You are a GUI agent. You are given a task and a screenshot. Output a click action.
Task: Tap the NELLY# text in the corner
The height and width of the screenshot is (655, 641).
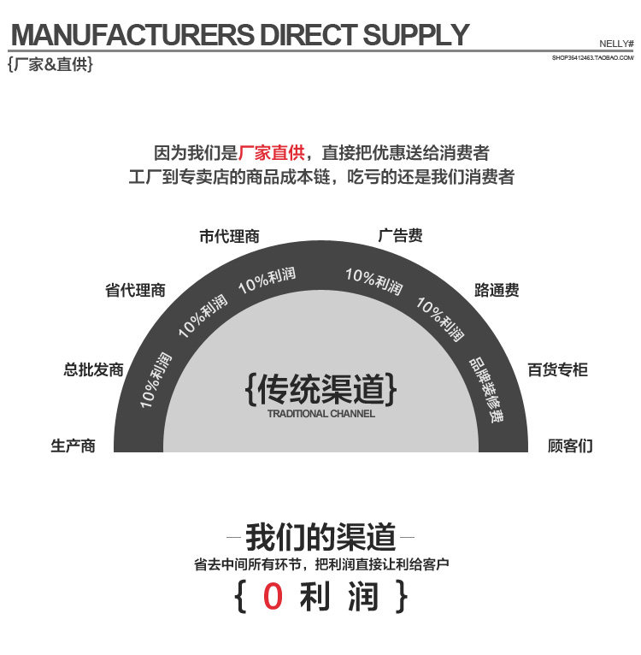[615, 43]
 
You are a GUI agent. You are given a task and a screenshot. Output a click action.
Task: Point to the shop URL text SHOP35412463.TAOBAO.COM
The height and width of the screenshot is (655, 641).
[593, 57]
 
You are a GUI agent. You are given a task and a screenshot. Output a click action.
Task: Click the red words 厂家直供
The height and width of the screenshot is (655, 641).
[271, 154]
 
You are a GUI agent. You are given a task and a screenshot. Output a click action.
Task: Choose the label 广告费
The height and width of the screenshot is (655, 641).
[400, 236]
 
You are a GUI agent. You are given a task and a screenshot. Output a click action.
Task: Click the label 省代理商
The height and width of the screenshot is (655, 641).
[135, 291]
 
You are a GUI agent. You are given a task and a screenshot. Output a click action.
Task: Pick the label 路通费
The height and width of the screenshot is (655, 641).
[497, 291]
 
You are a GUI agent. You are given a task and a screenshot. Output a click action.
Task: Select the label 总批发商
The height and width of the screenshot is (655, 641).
[93, 370]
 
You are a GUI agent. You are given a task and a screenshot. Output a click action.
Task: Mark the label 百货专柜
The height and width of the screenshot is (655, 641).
[557, 370]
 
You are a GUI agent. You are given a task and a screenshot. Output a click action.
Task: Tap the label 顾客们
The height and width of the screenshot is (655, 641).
[570, 446]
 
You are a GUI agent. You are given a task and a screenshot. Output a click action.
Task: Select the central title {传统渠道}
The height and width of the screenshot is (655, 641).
[320, 389]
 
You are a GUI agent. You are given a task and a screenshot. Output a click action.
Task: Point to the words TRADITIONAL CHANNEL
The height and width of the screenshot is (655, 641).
[320, 414]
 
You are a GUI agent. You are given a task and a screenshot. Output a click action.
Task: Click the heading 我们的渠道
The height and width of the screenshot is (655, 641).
[320, 538]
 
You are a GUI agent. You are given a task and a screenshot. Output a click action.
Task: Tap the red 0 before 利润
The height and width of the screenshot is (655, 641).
[272, 597]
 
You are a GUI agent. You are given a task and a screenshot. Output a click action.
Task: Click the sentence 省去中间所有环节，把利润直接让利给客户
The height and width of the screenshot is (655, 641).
[320, 564]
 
